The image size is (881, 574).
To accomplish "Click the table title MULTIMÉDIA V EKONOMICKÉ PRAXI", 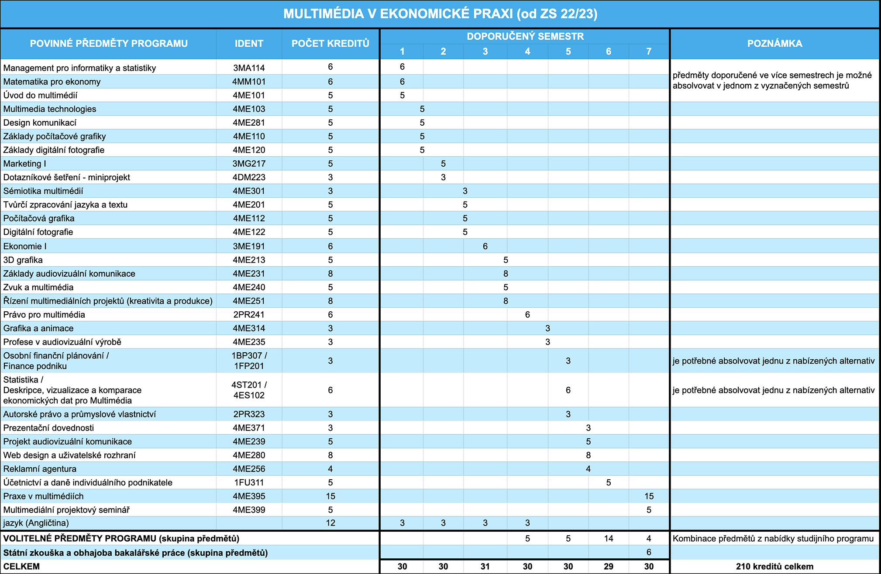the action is tap(398, 14).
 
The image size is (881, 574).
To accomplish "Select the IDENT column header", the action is tap(249, 44).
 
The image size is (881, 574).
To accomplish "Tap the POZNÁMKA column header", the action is tap(774, 44).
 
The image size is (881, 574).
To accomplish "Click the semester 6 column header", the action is tap(609, 52).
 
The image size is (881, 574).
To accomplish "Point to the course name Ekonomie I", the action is tap(24, 246).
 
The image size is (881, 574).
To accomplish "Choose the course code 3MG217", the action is tap(249, 164).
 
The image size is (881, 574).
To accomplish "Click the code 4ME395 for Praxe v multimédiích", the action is tap(249, 496).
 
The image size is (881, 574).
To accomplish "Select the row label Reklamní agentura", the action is tap(40, 469).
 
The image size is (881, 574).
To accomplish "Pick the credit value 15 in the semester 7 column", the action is tap(649, 496).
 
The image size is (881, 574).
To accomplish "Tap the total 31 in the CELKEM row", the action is tap(485, 567).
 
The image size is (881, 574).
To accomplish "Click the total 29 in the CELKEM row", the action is tap(609, 567).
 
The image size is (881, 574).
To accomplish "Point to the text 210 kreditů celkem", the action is tap(774, 567).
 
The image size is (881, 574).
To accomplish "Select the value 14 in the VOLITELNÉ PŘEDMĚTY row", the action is tap(609, 539).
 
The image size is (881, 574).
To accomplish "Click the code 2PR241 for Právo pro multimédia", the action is tap(249, 315).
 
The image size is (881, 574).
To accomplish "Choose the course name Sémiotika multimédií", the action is tap(43, 191).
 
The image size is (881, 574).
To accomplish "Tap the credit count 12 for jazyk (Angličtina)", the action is tap(330, 523).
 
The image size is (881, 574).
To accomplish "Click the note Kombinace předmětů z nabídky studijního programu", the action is tap(773, 539).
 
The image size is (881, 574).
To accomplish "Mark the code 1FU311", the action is tap(249, 483).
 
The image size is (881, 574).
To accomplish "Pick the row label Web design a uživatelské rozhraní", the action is tap(69, 455).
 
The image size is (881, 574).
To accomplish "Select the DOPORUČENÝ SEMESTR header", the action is tap(525, 37).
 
